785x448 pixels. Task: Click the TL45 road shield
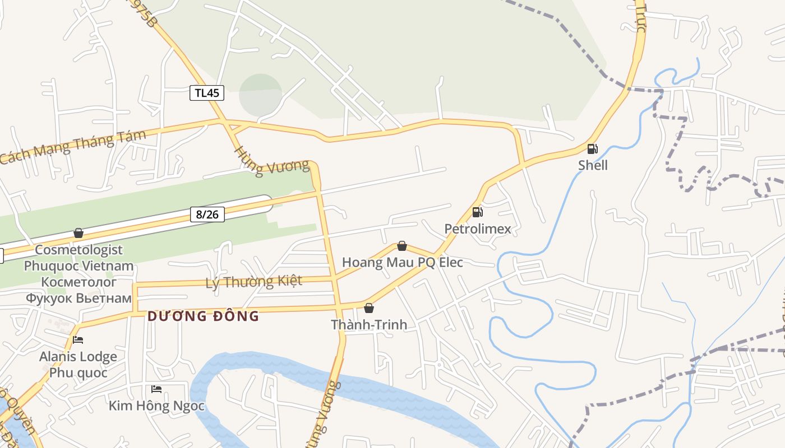point(206,93)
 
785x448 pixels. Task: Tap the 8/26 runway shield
point(207,214)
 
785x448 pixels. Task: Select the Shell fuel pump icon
point(592,149)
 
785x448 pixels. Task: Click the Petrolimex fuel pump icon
point(477,212)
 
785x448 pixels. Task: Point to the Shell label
point(593,165)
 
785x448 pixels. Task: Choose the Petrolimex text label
point(478,228)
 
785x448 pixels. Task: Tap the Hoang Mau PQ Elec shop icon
point(401,246)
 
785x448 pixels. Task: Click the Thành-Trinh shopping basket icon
point(368,308)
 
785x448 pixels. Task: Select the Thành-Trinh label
point(368,325)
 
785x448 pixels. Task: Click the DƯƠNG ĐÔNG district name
point(204,316)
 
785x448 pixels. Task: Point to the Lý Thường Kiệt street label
point(254,281)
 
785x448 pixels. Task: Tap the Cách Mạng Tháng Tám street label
point(73,147)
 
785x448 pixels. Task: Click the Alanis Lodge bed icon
point(78,340)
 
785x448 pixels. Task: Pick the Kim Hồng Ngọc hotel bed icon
point(156,389)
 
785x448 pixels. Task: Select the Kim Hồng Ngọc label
point(156,405)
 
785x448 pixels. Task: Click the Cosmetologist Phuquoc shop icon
point(78,233)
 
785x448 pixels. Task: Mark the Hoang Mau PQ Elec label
point(402,262)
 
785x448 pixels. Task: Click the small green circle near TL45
point(260,95)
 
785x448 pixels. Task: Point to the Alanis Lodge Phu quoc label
point(78,364)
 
